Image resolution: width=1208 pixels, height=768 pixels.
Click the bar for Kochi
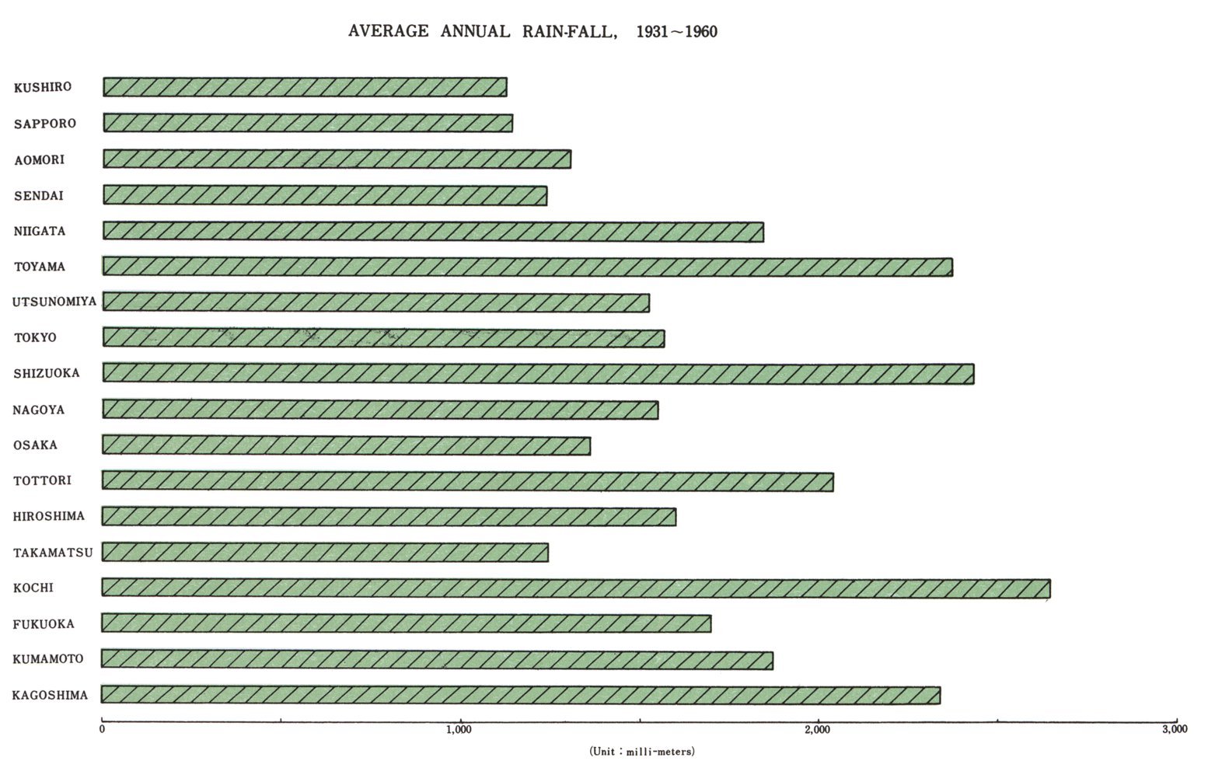coord(575,588)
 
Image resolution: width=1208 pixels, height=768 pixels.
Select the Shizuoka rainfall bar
coord(538,373)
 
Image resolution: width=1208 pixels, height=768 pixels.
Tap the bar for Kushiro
coord(305,87)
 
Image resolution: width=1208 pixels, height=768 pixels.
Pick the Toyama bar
coord(527,267)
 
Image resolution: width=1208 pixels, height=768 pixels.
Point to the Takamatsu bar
coord(325,553)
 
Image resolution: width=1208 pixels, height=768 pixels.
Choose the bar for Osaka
coord(346,445)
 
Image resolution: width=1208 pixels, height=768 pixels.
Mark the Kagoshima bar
coord(521,695)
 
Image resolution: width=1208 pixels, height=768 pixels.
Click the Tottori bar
coord(467,481)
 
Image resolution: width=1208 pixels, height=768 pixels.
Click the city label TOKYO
coord(35,337)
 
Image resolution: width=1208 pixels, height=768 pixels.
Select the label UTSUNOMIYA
coord(54,302)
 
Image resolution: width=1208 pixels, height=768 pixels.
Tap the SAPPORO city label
coord(45,124)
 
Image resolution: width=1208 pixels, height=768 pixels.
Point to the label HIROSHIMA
coord(48,516)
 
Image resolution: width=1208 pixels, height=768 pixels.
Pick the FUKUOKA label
coord(44,624)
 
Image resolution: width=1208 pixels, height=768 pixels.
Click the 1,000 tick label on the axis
coord(459,730)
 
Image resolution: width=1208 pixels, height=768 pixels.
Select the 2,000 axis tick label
coord(818,730)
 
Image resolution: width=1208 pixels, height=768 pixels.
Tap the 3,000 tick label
coord(1175,730)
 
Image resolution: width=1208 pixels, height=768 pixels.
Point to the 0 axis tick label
coord(103,730)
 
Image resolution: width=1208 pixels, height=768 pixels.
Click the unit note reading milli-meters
coord(641,752)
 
